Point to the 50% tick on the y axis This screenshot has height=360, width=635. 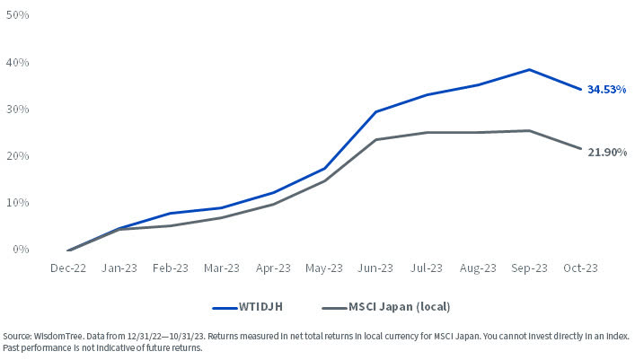[19, 16]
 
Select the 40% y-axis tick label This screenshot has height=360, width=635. [19, 63]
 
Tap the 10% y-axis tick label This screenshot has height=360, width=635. [19, 203]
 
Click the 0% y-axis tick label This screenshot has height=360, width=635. [22, 250]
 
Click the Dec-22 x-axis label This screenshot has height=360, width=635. [68, 268]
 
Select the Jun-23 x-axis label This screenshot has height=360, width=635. [375, 268]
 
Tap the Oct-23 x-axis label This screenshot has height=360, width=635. [580, 268]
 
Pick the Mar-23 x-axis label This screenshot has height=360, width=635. [222, 268]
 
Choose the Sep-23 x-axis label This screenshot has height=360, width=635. [529, 268]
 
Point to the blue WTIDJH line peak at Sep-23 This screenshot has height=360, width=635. [529, 69]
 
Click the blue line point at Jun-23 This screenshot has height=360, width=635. [375, 111]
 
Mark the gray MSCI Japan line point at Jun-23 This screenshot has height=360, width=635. [375, 139]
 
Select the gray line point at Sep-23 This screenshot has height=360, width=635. [529, 130]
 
